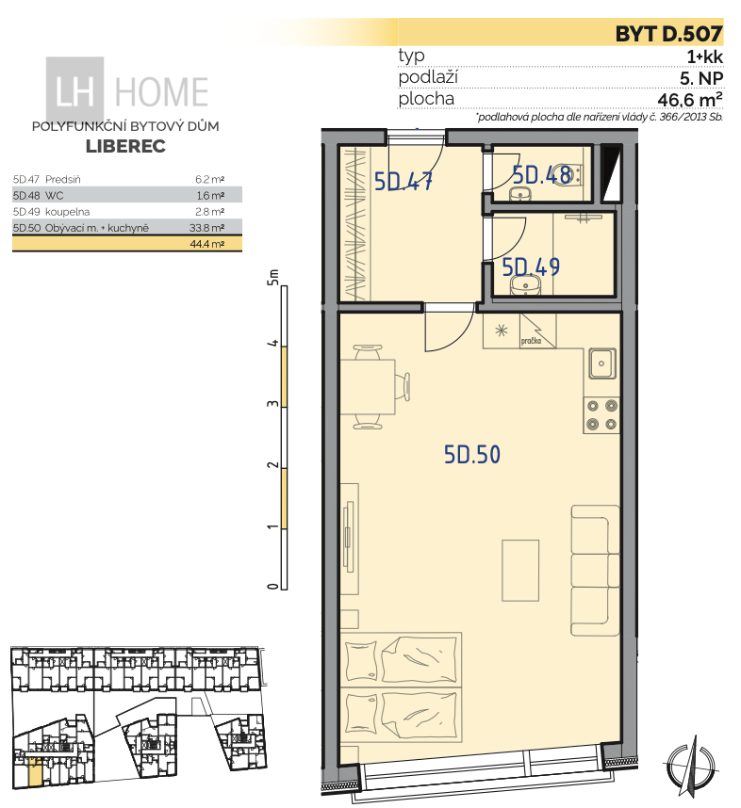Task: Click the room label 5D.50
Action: point(472,455)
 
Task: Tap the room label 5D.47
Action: point(403,182)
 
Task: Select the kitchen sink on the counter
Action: point(601,364)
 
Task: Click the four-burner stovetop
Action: point(601,414)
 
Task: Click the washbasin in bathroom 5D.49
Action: point(525,284)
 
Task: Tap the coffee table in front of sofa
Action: point(520,571)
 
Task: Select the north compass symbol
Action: point(690,763)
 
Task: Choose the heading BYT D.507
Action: point(668,34)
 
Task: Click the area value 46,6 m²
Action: point(690,99)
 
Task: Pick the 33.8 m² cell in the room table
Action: point(206,228)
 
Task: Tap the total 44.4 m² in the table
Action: point(206,244)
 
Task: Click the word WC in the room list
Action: point(54,195)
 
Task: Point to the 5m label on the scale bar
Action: point(272,277)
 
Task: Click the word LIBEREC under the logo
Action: point(125,146)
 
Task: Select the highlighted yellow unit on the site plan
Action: point(34,771)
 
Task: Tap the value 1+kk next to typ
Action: point(705,57)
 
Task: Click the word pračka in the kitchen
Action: point(531,341)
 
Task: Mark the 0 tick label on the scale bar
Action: point(272,587)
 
